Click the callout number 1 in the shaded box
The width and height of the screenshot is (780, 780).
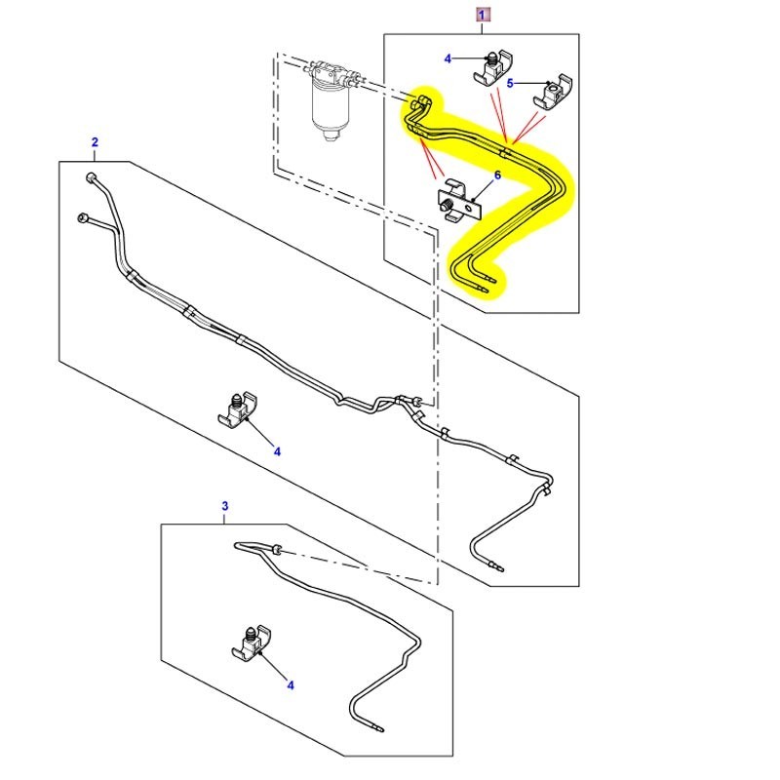(x=482, y=15)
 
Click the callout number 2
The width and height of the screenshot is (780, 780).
(x=95, y=142)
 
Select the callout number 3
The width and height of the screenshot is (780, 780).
(x=225, y=506)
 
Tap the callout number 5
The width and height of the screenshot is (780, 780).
(x=510, y=83)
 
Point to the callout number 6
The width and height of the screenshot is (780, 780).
(x=497, y=175)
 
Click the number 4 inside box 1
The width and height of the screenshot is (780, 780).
(x=448, y=58)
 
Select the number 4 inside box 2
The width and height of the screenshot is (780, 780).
(x=277, y=451)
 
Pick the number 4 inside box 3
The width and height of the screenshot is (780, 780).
(x=291, y=685)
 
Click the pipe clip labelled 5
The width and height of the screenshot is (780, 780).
(x=553, y=91)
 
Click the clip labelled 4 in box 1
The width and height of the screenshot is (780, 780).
(x=492, y=67)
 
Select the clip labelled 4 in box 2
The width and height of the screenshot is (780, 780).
(x=238, y=409)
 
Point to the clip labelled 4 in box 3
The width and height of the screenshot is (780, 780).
(x=253, y=643)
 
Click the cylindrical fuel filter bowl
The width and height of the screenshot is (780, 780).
(x=331, y=109)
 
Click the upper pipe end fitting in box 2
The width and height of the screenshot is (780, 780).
(x=91, y=177)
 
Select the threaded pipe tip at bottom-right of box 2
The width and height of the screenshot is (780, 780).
(x=495, y=565)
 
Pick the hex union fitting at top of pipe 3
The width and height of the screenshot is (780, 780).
(x=276, y=550)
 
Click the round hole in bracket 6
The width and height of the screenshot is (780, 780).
(x=468, y=203)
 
